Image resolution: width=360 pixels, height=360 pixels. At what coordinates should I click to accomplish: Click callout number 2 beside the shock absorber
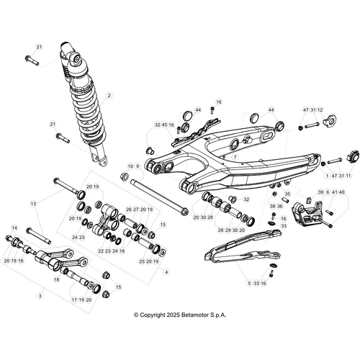109,96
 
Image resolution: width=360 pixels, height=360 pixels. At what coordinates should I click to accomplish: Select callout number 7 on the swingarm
235,157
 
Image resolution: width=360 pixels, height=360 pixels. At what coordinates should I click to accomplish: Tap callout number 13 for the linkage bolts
33,204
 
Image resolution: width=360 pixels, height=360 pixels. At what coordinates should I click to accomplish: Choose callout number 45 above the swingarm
164,125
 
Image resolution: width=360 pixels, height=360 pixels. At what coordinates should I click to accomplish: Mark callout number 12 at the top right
320,110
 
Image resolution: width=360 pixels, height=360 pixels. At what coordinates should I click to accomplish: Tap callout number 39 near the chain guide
320,192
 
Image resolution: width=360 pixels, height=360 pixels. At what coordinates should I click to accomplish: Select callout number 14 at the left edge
14,228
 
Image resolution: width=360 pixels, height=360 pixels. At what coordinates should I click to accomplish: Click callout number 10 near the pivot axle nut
130,166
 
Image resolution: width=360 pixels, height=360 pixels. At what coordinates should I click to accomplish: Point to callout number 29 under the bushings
228,230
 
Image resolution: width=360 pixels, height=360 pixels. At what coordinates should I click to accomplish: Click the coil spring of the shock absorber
89,113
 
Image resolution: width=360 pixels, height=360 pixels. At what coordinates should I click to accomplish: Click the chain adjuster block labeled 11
354,156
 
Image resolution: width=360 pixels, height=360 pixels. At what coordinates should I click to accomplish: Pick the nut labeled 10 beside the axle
125,176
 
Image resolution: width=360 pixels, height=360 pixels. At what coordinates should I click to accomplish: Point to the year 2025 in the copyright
173,315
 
